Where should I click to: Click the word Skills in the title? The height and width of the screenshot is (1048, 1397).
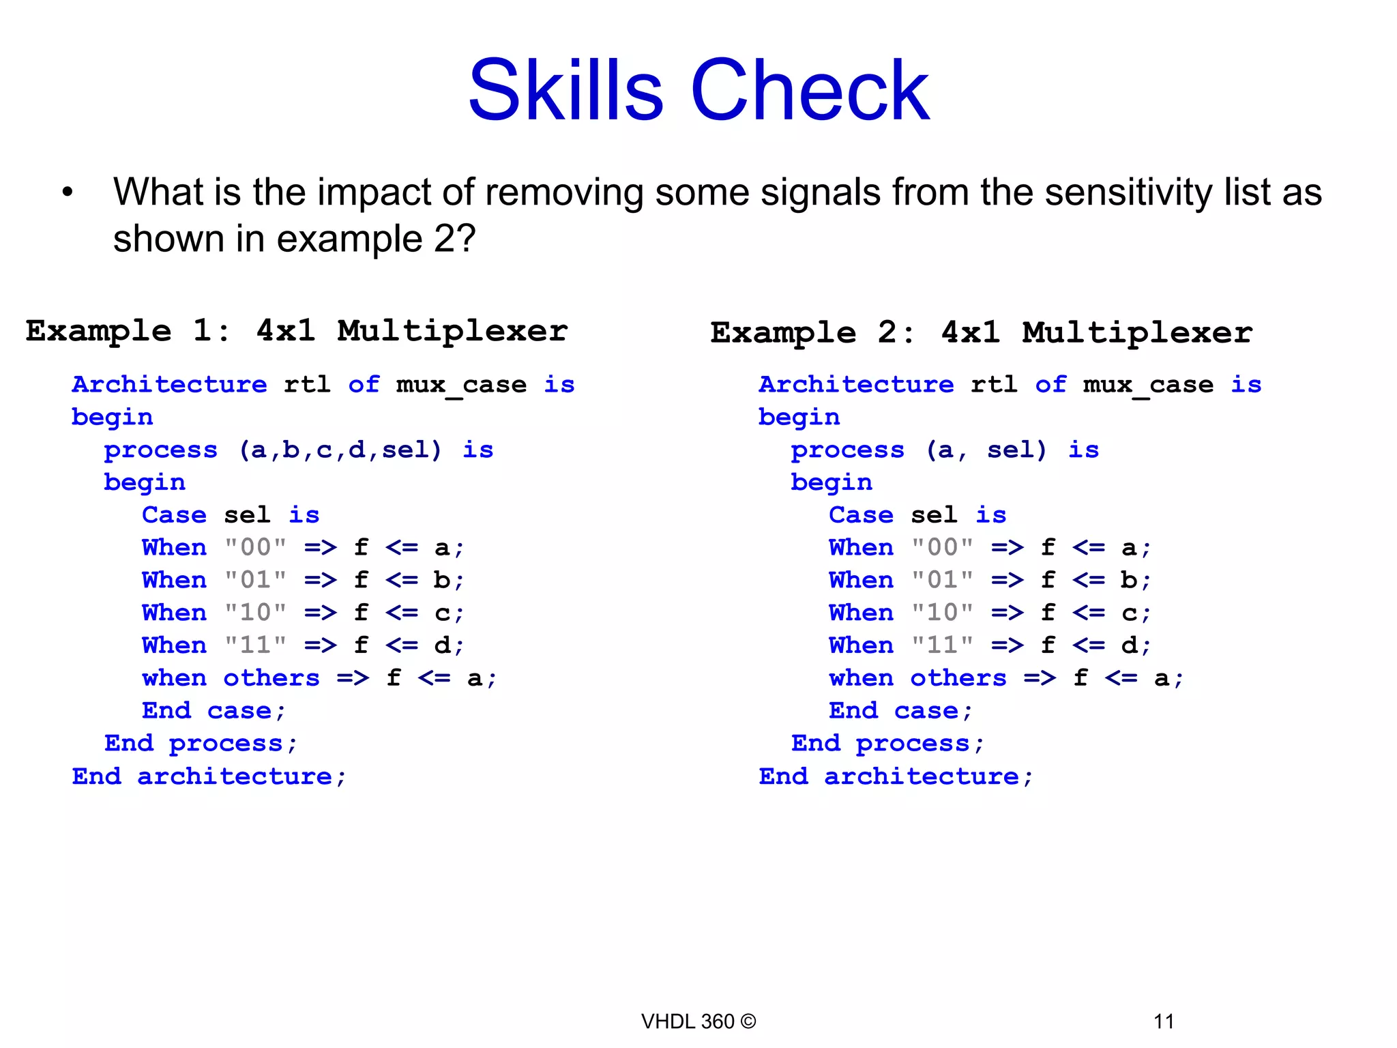coord(565,91)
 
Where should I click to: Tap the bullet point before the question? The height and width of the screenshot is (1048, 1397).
coord(67,193)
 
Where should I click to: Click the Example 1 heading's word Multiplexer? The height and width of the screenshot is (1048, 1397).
coord(452,332)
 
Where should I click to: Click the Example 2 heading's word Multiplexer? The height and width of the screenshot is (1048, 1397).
coord(1137,334)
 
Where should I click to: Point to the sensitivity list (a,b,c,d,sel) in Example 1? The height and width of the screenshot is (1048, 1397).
coord(340,450)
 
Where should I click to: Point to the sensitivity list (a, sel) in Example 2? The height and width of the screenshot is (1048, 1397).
coord(986,450)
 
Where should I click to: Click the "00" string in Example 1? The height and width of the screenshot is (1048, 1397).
coord(256,548)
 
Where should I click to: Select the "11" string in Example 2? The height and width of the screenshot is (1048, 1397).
coord(943,645)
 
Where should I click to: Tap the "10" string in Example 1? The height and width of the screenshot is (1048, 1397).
coord(256,613)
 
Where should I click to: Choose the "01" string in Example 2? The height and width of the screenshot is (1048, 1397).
coord(943,581)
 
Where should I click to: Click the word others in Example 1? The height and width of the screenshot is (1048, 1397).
coord(271,678)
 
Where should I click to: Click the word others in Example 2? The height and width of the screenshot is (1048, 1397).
coord(958,678)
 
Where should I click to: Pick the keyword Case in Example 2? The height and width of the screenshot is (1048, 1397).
coord(861,515)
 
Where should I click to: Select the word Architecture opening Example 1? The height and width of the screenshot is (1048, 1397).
coord(169,385)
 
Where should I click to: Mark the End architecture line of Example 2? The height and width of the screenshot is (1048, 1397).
coord(896,776)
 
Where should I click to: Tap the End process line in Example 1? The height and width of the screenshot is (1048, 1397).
coord(201,744)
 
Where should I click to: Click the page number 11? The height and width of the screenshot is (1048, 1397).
coord(1164,1021)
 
